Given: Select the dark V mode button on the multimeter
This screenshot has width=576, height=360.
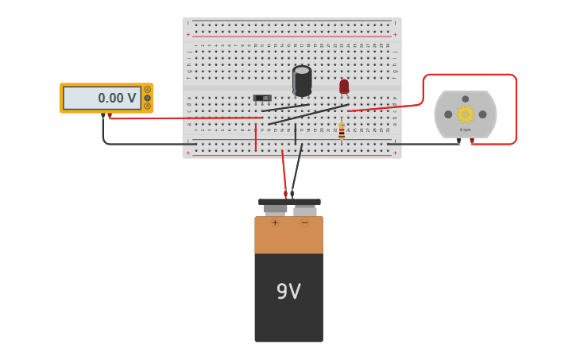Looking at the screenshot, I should (147, 98).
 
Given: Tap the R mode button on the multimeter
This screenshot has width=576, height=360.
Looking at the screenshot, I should (147, 106).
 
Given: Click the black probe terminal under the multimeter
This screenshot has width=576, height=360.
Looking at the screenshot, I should (103, 116).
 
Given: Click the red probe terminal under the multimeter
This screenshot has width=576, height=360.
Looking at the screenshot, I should (110, 116).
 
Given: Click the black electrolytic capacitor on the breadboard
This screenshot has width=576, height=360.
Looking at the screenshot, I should (302, 80).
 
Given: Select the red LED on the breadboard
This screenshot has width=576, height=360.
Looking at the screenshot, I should (344, 87).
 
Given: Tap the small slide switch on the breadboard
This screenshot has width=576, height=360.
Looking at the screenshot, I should (262, 98).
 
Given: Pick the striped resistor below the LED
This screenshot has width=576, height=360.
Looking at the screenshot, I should (342, 131).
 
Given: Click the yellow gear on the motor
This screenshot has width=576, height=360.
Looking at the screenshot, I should (465, 114).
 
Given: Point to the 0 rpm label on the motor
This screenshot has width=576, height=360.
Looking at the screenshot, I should (466, 130).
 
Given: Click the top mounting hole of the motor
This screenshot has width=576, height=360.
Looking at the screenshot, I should (466, 99).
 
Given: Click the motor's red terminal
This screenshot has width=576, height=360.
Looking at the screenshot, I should (472, 141).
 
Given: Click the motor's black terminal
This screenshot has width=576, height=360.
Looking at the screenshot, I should (459, 141).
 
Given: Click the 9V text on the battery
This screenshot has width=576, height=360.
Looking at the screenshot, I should (288, 292).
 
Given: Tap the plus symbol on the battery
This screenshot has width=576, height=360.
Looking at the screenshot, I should (275, 223).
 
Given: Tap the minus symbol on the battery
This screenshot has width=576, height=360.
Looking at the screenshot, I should (304, 223).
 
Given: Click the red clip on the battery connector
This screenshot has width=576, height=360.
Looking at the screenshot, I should (285, 193).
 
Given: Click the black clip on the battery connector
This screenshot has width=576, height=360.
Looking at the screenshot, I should (292, 193).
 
